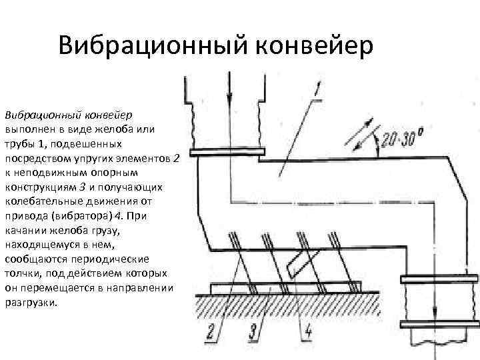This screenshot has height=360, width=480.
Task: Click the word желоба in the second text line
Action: pyautogui.click(x=117, y=129)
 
